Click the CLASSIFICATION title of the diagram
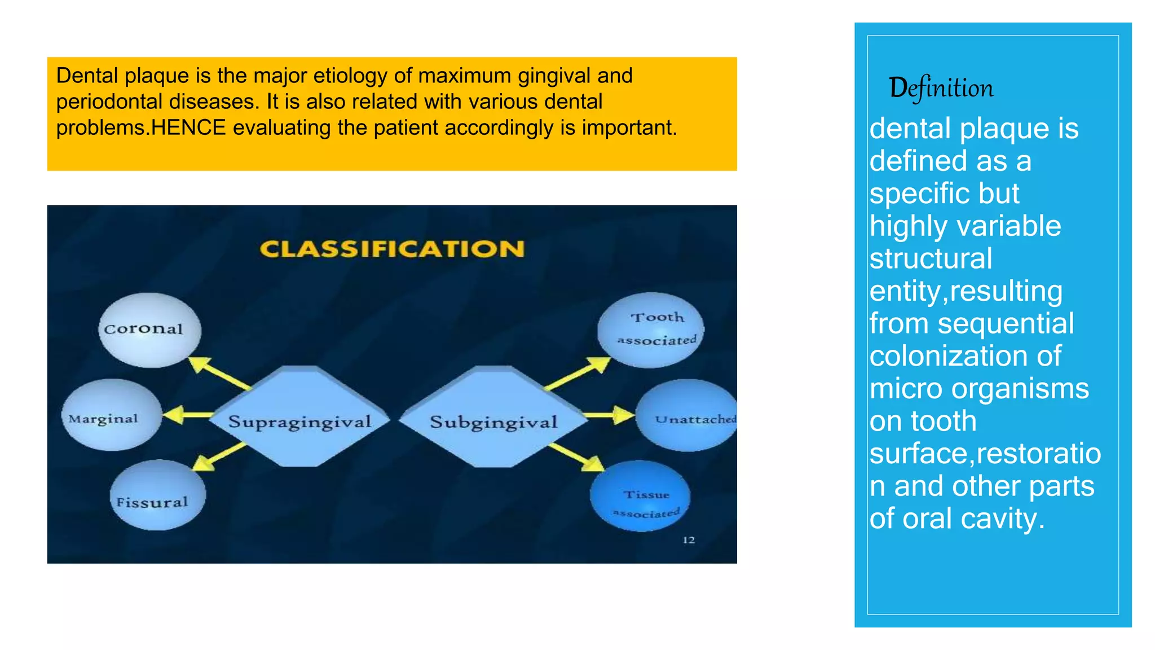click(x=392, y=249)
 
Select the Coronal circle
click(x=149, y=330)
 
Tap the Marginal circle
click(x=111, y=415)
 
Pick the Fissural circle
click(x=157, y=496)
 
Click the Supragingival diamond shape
click(x=299, y=418)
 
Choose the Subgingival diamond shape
click(x=493, y=418)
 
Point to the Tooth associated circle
click(x=651, y=330)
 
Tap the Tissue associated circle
click(x=640, y=497)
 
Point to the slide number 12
click(x=689, y=540)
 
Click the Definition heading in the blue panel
click(x=941, y=88)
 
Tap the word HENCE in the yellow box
click(x=188, y=128)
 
